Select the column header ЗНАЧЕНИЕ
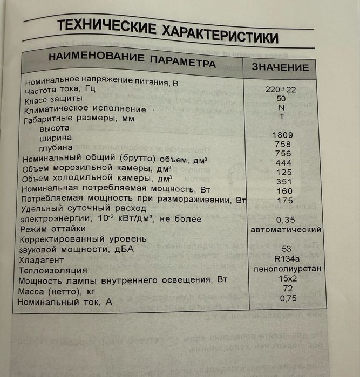pos(280,68)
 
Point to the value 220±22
pos(281,89)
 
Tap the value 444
pos(283,163)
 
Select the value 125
pos(283,172)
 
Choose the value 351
pos(283,181)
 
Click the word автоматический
pos(287,229)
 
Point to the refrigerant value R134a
pos(286,258)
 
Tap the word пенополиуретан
pos(287,268)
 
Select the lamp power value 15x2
pos(286,278)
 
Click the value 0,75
pos(286,298)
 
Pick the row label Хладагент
pos(43,259)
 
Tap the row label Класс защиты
pos(54,99)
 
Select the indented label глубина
pos(56,148)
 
